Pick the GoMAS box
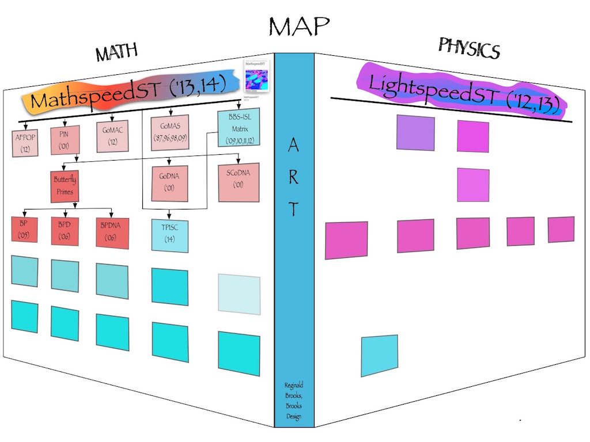169,133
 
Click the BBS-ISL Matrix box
239,129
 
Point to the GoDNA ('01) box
169,184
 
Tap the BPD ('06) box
64,231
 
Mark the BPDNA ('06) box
112,233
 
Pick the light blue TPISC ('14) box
169,234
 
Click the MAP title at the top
298,26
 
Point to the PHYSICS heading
468,48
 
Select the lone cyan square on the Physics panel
379,355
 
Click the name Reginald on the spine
293,385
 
